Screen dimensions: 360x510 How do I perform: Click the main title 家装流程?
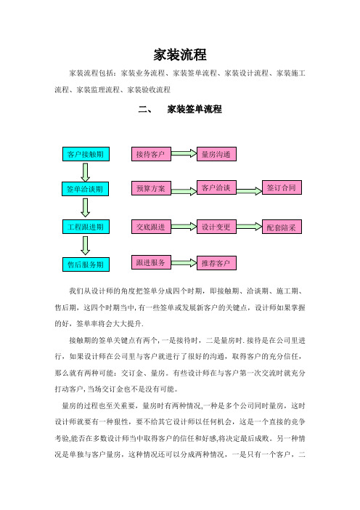tap(180, 54)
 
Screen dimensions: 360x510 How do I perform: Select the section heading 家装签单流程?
tap(195, 109)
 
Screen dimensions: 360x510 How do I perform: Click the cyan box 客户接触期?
tap(86, 154)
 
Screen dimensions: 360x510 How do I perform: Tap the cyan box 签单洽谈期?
tap(85, 189)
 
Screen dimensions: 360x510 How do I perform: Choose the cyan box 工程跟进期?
tap(86, 227)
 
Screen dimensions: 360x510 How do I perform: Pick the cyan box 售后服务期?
tap(86, 264)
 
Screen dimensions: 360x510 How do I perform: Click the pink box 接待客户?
tap(151, 154)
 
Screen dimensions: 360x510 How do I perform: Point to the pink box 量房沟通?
tap(216, 154)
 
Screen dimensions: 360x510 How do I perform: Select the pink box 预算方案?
tap(151, 188)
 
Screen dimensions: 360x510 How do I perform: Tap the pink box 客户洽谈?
tap(216, 187)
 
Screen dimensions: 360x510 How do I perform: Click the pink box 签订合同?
tap(282, 187)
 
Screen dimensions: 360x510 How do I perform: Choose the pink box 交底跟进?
tap(151, 227)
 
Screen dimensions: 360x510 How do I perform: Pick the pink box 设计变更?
tap(216, 227)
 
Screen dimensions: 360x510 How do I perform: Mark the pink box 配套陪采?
tap(282, 227)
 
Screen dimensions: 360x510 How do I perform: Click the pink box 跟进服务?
tap(151, 262)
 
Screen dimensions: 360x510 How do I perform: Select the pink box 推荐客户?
tap(216, 263)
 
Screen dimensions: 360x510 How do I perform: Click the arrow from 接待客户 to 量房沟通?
tap(184, 153)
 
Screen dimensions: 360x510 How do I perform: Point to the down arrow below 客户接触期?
tap(86, 172)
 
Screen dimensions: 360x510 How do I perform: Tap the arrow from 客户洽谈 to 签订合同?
tap(249, 191)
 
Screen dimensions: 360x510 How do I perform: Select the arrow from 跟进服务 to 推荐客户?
tap(184, 262)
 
